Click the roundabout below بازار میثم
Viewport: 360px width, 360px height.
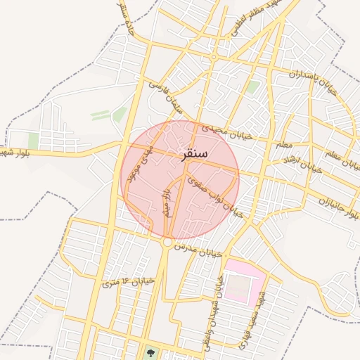[x=167, y=243]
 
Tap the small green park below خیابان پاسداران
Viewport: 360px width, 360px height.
[x=252, y=87]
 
